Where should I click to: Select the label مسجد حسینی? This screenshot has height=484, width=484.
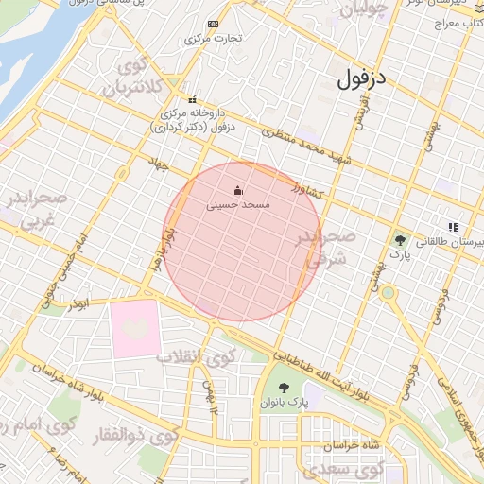[243, 204]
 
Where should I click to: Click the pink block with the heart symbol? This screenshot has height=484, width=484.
[135, 328]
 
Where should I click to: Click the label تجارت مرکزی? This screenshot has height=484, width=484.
[214, 39]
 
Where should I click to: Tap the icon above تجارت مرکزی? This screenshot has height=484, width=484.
[214, 24]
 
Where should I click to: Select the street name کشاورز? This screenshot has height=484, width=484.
[307, 190]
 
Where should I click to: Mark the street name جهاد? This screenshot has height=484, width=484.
[157, 164]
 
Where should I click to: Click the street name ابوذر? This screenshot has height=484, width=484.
[80, 304]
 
